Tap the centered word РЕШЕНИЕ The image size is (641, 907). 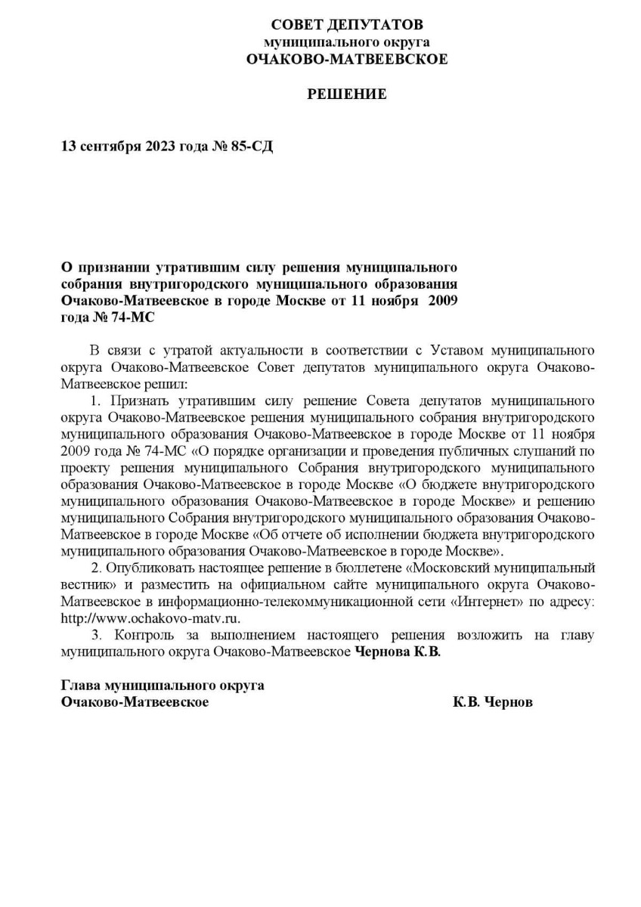pyautogui.click(x=347, y=94)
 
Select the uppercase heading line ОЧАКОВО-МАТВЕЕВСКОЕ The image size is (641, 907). pyautogui.click(x=347, y=58)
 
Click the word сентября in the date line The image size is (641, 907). pyautogui.click(x=108, y=146)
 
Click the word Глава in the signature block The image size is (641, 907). pyautogui.click(x=81, y=685)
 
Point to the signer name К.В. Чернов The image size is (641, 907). pyautogui.click(x=493, y=702)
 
